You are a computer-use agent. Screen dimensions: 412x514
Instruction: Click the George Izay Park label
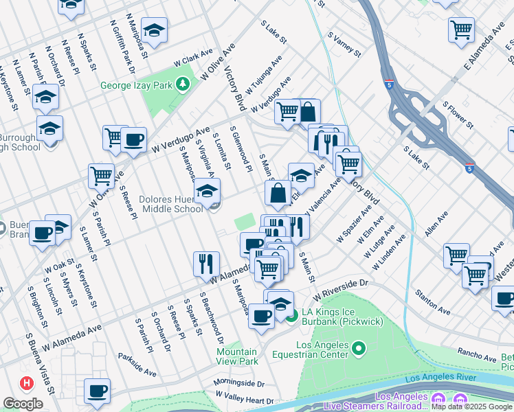point(137,86)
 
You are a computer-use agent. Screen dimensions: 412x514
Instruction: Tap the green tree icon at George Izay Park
point(182,85)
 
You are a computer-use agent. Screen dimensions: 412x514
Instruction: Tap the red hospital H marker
point(26,382)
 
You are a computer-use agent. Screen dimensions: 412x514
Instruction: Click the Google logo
point(23,404)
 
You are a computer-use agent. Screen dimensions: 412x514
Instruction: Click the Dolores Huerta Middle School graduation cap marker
point(206,192)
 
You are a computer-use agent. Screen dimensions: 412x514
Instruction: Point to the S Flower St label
point(458,115)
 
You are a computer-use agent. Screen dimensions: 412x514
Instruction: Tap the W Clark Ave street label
point(193,60)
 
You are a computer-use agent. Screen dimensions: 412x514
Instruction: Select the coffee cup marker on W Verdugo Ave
point(133,140)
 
